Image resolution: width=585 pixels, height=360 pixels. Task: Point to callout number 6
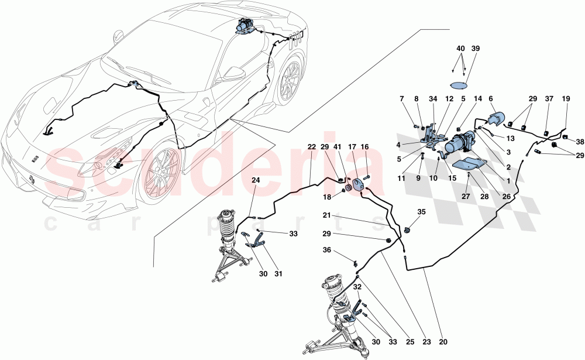490,99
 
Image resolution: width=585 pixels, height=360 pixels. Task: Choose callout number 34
433,99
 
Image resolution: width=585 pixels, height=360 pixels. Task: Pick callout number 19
566,99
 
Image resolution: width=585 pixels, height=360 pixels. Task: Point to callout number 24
256,180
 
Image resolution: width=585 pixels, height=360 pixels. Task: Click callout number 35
422,211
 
